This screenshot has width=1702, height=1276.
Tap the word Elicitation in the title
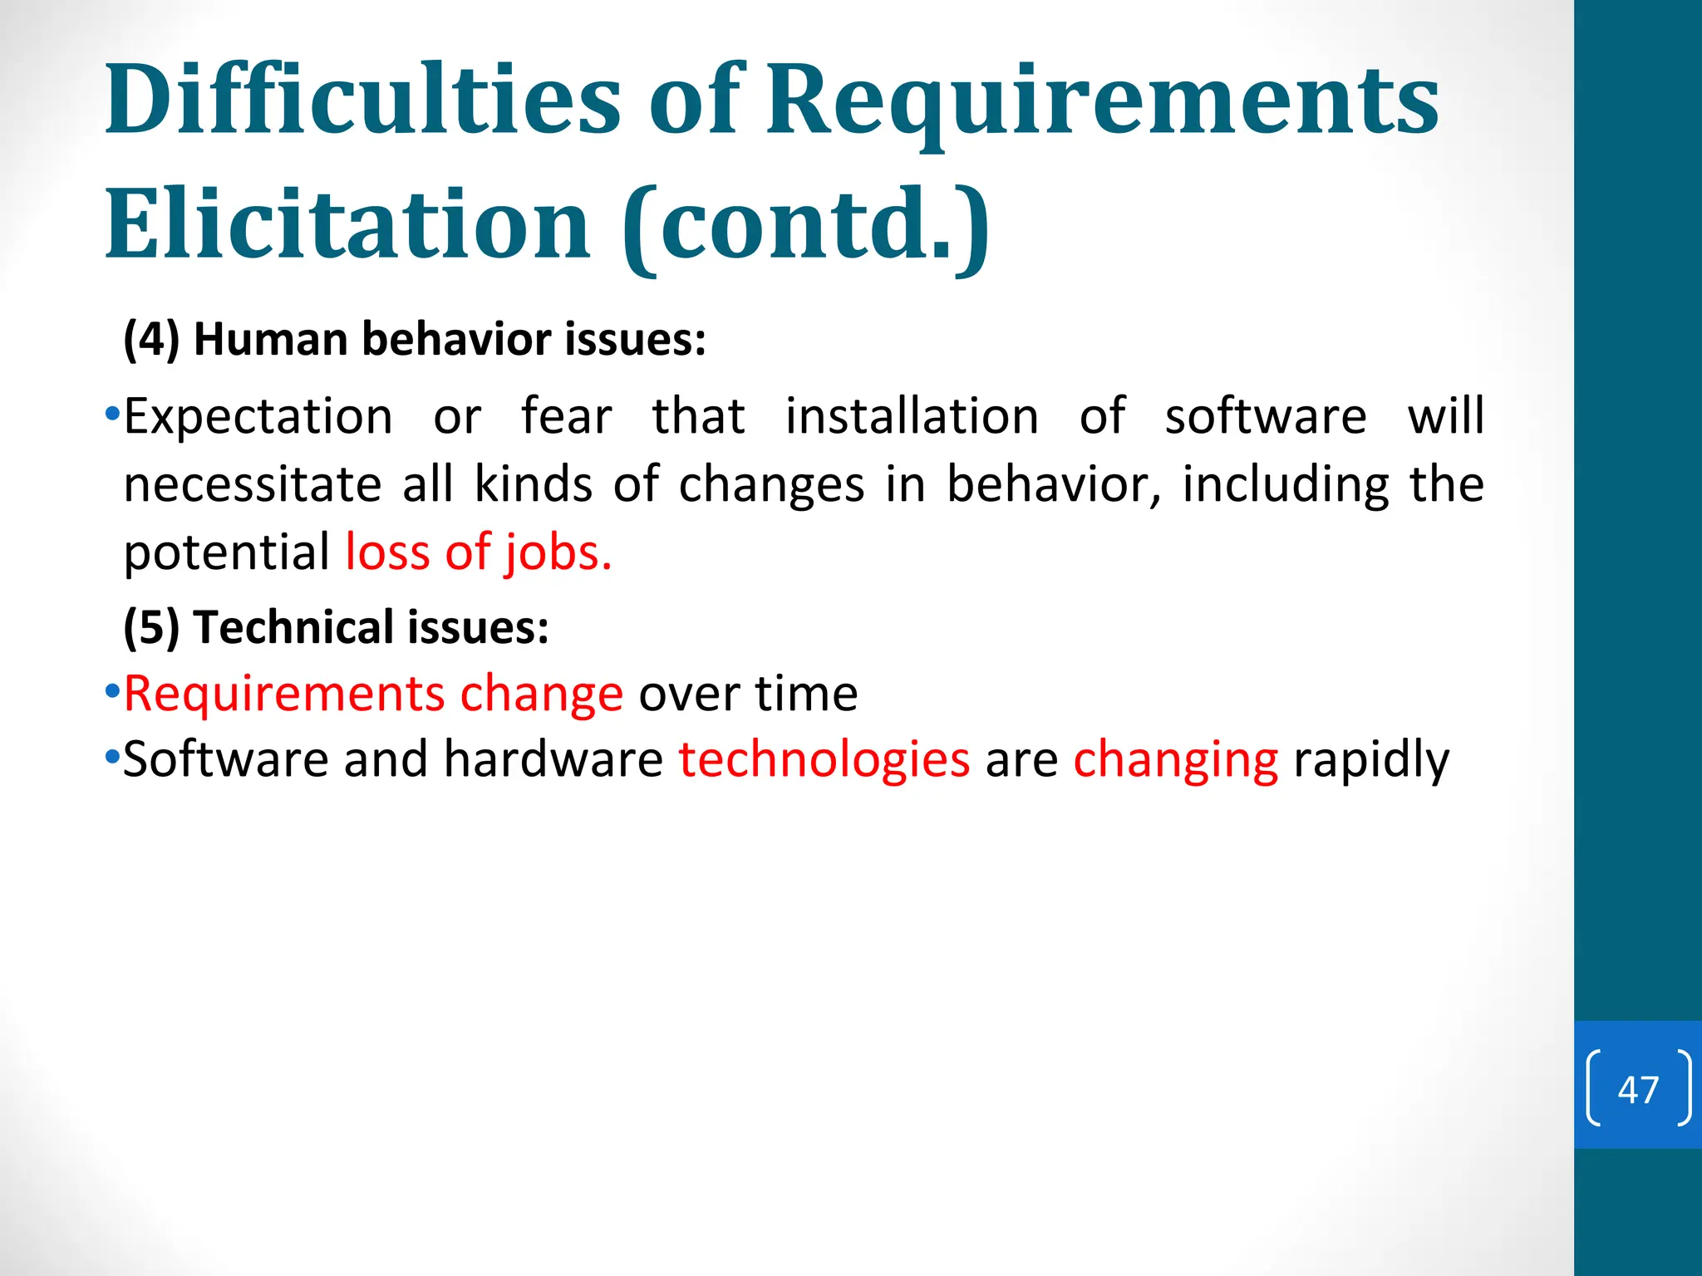coord(347,224)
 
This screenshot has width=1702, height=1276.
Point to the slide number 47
coord(1638,1089)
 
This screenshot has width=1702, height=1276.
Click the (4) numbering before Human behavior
coord(151,340)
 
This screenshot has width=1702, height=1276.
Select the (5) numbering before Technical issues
coord(151,627)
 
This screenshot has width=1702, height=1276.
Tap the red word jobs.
coord(558,552)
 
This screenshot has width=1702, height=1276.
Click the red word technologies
coord(824,759)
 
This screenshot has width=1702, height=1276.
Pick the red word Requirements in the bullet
coord(284,693)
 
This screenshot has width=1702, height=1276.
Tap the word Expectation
coord(258,416)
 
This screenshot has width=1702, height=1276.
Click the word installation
coord(912,416)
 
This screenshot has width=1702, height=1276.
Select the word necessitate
coord(252,484)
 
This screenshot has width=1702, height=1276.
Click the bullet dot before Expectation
coord(112,413)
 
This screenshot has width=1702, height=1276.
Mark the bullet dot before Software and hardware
coord(112,757)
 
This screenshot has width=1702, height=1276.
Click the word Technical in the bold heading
coord(293,627)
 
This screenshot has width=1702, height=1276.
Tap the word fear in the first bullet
coord(567,416)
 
